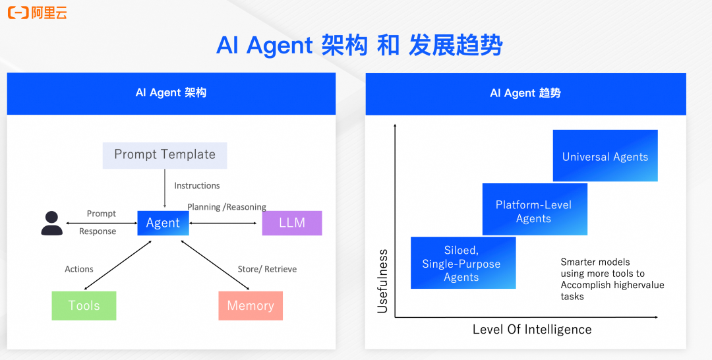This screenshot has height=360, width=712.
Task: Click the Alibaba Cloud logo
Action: point(38,13)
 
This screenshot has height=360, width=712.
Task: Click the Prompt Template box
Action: point(165,155)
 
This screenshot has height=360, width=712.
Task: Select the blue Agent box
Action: point(163,223)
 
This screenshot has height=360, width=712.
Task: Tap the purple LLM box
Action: point(292,223)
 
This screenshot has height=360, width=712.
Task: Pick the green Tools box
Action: point(84,306)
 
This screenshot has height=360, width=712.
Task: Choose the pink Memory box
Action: point(251,306)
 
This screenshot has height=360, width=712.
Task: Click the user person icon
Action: point(51,224)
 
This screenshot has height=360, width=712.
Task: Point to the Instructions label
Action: point(197,186)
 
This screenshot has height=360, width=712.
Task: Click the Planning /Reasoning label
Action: point(227,207)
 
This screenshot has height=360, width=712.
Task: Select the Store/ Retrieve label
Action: point(267,269)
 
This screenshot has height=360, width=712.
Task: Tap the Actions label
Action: point(79,269)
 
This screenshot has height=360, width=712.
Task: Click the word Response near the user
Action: point(98,231)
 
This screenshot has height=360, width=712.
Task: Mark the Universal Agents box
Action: point(605,156)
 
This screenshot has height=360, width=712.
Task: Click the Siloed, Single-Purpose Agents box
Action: point(462,263)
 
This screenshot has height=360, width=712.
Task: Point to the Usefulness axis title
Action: point(383,280)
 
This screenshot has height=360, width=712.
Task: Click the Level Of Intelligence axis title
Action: point(532,330)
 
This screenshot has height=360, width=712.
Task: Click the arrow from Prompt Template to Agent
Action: point(165,188)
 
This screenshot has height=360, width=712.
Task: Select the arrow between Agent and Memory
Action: point(216,264)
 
